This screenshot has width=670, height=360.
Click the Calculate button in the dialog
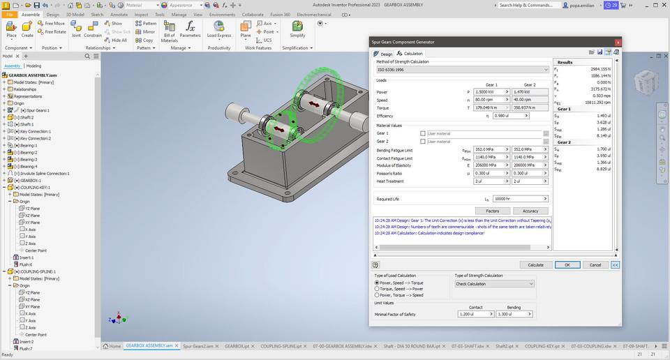pyautogui.click(x=535, y=265)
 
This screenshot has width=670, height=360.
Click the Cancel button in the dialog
pyautogui.click(x=595, y=265)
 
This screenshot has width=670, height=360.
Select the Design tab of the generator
pyautogui.click(x=383, y=54)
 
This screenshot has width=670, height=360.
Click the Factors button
pyautogui.click(x=492, y=211)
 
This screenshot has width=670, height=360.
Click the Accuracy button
pyautogui.click(x=530, y=211)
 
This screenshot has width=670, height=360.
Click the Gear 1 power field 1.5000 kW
pyautogui.click(x=490, y=92)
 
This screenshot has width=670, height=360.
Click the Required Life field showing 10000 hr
pyautogui.click(x=519, y=199)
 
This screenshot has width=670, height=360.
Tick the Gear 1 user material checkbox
pyautogui.click(x=423, y=133)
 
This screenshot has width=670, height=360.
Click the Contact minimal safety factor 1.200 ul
pyautogui.click(x=475, y=315)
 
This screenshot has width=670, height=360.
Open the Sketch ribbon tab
pyautogui.click(x=96, y=14)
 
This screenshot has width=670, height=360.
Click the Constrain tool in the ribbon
pyautogui.click(x=93, y=31)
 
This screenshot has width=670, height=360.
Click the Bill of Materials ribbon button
pyautogui.click(x=170, y=31)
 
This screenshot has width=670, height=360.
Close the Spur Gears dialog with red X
pyautogui.click(x=618, y=43)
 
